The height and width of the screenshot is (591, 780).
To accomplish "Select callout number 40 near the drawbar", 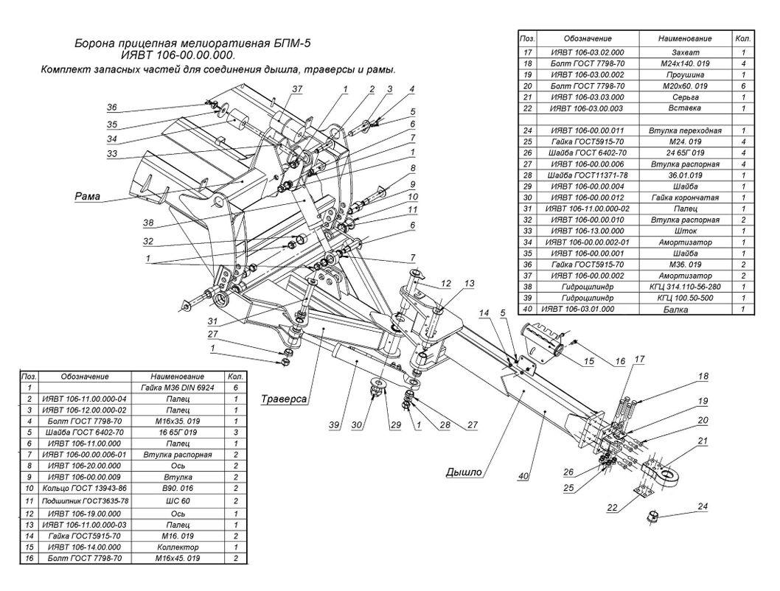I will coord(523,477).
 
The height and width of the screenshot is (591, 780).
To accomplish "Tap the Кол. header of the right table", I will coord(744,37).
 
